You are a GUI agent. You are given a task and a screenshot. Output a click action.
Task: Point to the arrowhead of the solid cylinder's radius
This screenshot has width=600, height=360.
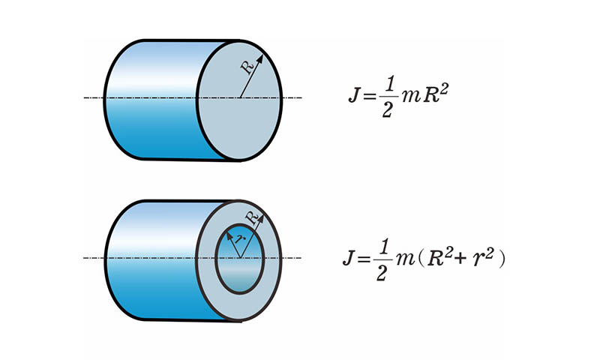(x=261, y=57)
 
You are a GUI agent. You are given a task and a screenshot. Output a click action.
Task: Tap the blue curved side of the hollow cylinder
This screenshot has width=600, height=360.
(x=150, y=259)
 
